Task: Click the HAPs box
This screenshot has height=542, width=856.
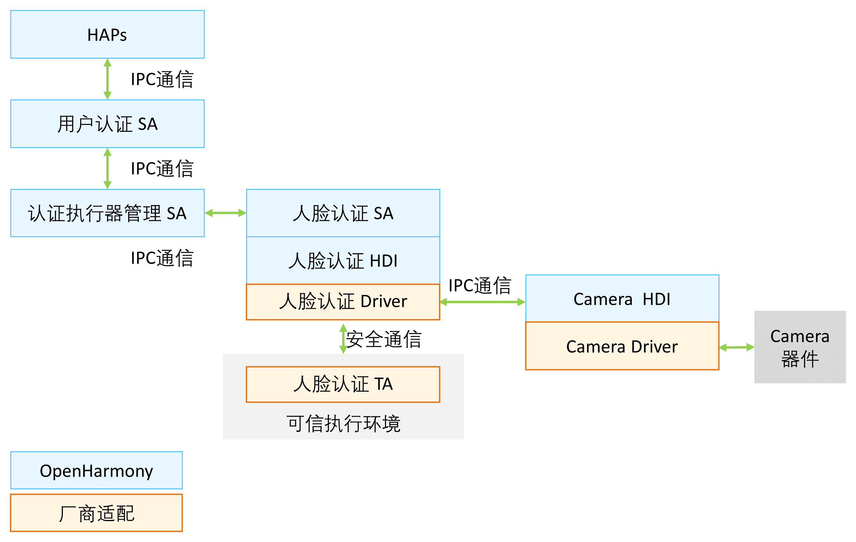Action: [107, 34]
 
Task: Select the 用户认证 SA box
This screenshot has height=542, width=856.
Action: [107, 124]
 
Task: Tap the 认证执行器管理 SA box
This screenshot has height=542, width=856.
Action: [107, 213]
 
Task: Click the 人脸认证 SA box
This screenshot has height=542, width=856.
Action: [343, 213]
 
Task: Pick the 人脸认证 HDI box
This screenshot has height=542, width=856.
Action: [343, 260]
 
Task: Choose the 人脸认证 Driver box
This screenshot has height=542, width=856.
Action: [343, 302]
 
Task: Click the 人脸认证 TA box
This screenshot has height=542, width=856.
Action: [343, 384]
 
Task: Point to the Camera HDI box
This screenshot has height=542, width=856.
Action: [622, 298]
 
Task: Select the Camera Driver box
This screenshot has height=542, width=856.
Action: [622, 346]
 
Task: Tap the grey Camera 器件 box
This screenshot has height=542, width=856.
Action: [800, 347]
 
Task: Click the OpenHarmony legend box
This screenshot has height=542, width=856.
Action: [96, 470]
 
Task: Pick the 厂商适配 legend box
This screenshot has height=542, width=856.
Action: [96, 513]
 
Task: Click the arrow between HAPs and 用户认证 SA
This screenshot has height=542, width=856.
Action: [107, 79]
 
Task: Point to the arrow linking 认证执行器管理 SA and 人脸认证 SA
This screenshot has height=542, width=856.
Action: [225, 213]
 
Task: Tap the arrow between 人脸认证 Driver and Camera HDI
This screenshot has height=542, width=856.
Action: [482, 302]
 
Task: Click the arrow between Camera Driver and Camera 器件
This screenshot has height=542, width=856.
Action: [736, 347]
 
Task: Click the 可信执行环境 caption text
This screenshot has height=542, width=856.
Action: [344, 423]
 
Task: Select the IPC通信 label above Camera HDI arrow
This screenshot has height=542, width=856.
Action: [480, 285]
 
